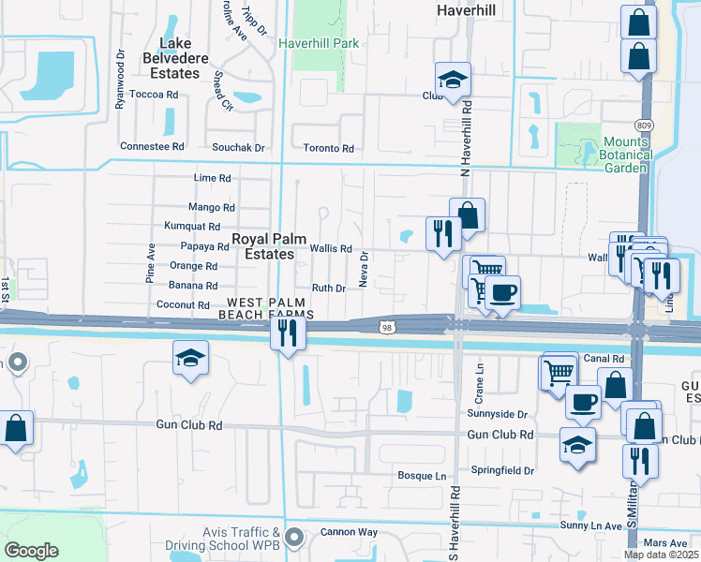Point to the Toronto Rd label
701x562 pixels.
click(x=328, y=148)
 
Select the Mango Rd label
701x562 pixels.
click(x=212, y=207)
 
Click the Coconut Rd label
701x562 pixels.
click(x=183, y=304)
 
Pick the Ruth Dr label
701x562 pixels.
click(x=327, y=288)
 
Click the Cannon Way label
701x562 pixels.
click(x=349, y=532)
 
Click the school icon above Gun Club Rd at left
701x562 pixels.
click(x=190, y=357)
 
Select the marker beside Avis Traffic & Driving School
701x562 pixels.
click(x=294, y=538)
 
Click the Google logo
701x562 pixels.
click(x=31, y=551)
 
